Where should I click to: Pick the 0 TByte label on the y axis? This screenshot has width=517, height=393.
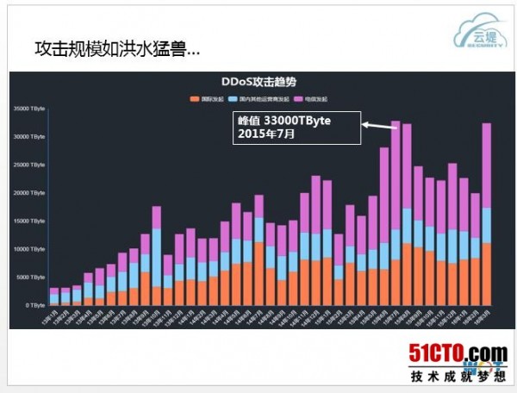click(34, 305)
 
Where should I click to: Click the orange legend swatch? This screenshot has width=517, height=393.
click(196, 97)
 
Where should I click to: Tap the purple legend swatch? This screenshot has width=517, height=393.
click(296, 97)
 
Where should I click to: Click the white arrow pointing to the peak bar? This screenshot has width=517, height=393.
click(377, 126)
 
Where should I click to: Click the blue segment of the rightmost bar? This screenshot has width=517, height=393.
click(486, 226)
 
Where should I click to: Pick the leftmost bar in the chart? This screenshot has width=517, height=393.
click(54, 296)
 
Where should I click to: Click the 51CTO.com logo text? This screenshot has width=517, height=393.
click(458, 353)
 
